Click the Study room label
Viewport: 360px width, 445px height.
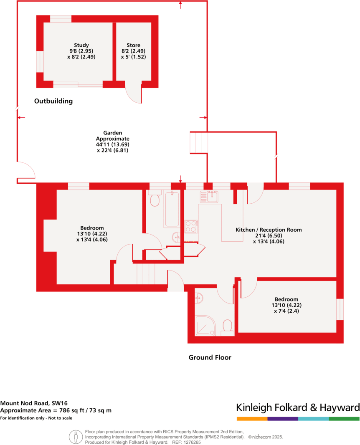pyautogui.click(x=81, y=45)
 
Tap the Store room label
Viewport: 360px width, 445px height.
pyautogui.click(x=133, y=45)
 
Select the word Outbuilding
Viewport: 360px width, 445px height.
pyautogui.click(x=53, y=101)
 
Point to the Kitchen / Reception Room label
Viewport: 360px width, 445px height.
pyautogui.click(x=269, y=230)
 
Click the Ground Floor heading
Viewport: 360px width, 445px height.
pyautogui.click(x=210, y=357)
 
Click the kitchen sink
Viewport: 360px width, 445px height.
pyautogui.click(x=209, y=196)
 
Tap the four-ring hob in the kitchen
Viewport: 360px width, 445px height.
pyautogui.click(x=191, y=226)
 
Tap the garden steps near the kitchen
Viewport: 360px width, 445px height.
pyautogui.click(x=199, y=142)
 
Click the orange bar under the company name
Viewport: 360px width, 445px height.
pyautogui.click(x=252, y=418)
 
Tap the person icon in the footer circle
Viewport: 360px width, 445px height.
pyautogui.click(x=76, y=437)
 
